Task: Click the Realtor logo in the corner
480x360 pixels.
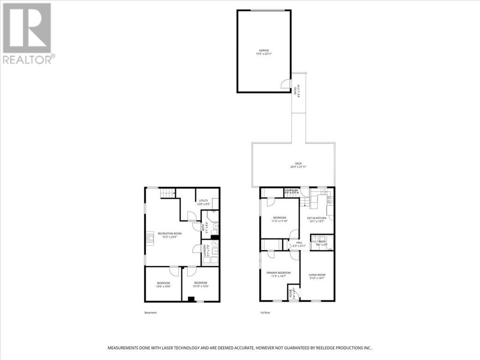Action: (x=28, y=33)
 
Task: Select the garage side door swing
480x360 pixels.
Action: (x=285, y=84)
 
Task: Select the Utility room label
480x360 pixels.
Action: (x=202, y=201)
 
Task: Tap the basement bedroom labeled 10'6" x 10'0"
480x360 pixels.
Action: (x=164, y=285)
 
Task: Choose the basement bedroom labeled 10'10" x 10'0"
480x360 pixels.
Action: (x=201, y=285)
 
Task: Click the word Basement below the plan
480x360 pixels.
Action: (x=150, y=313)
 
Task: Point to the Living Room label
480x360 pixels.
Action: (x=316, y=276)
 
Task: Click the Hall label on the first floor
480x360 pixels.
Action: (x=299, y=242)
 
